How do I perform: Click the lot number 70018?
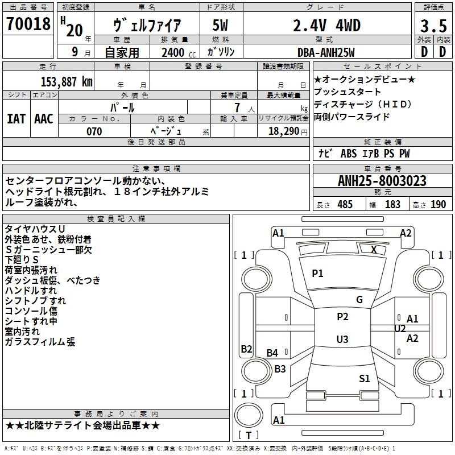pos(28,24)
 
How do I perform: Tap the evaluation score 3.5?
pos(433,26)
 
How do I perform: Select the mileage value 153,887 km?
pos(67,82)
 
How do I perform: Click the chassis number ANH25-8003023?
pos(382,181)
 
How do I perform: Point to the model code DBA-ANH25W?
pos(326,52)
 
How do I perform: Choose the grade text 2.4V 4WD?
pos(326,26)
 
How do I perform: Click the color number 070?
pos(94,131)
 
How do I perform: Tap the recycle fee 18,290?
pos(284,131)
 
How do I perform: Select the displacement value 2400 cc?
pos(179,52)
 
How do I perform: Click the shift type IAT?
pos(16,119)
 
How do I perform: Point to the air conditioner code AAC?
pos(44,119)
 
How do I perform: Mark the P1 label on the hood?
pos(317,274)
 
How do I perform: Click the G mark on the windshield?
pos(359,299)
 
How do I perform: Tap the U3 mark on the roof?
pos(342,339)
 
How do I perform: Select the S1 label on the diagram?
pos(365,378)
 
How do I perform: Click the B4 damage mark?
pos(272,353)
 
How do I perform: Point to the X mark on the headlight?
pos(374,250)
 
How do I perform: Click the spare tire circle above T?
pos(249,415)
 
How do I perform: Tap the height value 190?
pos(438,204)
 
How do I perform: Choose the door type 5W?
pos(220,26)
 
